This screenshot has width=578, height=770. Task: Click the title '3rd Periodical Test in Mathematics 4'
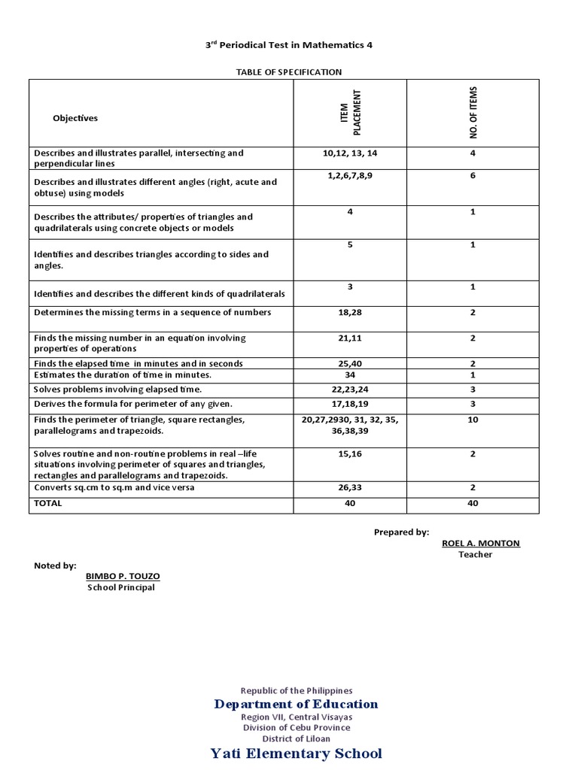[x=289, y=45]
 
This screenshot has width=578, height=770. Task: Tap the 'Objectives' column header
[x=75, y=118]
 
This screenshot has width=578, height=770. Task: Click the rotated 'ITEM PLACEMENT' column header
[x=351, y=113]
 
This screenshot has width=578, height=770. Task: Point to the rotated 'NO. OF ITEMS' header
[x=473, y=113]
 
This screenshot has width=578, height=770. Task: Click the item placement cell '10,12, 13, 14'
[x=350, y=153]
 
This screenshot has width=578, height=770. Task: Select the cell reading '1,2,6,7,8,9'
[x=350, y=176]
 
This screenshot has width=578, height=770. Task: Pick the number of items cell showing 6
[x=473, y=176]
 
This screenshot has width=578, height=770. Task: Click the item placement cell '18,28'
[x=350, y=313]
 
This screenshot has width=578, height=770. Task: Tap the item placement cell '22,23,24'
[x=350, y=390]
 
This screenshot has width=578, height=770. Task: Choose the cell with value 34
[x=350, y=374]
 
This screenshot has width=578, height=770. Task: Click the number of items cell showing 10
[x=473, y=420]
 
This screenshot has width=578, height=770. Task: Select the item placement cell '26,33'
[x=350, y=487]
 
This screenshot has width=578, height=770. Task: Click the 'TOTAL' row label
[x=48, y=504]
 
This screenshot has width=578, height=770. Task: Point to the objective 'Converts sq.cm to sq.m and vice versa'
[x=114, y=487]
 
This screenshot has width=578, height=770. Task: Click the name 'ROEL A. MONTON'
[x=481, y=543]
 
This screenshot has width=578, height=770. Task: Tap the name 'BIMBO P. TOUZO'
[x=123, y=576]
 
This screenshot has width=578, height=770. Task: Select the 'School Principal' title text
[x=121, y=587]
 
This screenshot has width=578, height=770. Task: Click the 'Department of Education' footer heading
[x=296, y=705]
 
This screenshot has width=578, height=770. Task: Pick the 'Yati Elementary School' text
[x=296, y=753]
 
